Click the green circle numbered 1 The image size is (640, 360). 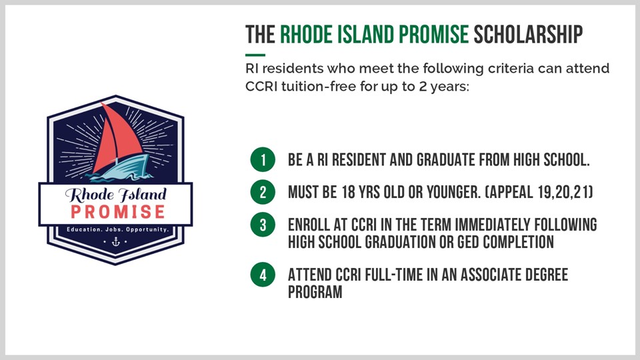point(263,159)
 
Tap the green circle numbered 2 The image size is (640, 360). point(263,192)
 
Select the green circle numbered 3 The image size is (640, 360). point(263,225)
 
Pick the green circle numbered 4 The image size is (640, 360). point(263,274)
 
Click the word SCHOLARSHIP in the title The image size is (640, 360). point(528,34)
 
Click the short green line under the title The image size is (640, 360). point(255,55)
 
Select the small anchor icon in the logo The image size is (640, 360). point(116,241)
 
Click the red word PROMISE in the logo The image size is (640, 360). point(117,212)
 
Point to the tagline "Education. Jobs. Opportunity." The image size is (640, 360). point(117,229)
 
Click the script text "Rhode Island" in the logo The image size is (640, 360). point(116,195)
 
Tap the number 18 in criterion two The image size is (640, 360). point(348,192)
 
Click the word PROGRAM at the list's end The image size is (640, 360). point(315,292)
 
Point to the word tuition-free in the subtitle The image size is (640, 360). point(319,87)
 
